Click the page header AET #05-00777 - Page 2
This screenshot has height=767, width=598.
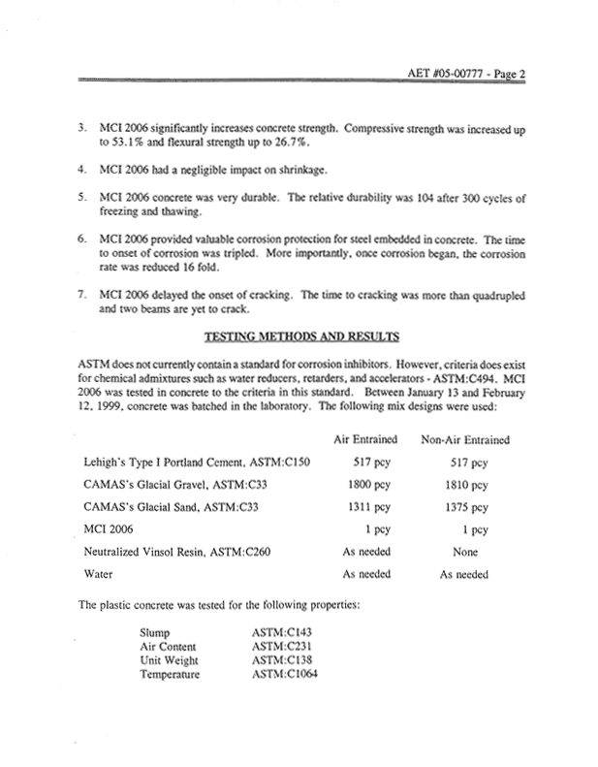[491, 71]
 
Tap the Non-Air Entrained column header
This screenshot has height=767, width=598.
[464, 439]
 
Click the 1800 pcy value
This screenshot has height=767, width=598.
[368, 483]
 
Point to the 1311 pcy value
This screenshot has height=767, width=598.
[368, 505]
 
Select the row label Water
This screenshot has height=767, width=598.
[100, 574]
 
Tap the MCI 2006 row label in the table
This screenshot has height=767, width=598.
[113, 528]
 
